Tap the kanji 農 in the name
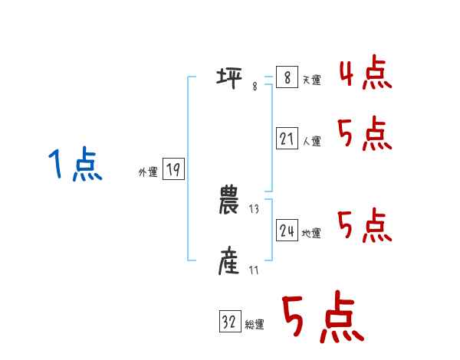pyautogui.click(x=229, y=201)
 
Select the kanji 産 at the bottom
pyautogui.click(x=229, y=263)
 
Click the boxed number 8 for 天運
pyautogui.click(x=287, y=77)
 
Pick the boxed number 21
pyautogui.click(x=287, y=139)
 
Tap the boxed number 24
pyautogui.click(x=287, y=231)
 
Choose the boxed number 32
pyautogui.click(x=229, y=322)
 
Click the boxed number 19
pyautogui.click(x=173, y=169)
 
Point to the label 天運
pyautogui.click(x=311, y=80)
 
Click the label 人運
pyautogui.click(x=311, y=141)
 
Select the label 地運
pyautogui.click(x=311, y=233)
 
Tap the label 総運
pyautogui.click(x=255, y=324)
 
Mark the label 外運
pyautogui.click(x=148, y=172)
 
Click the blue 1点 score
pyautogui.click(x=74, y=165)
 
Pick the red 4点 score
pyautogui.click(x=365, y=74)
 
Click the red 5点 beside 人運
pyautogui.click(x=365, y=136)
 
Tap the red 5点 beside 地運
pyautogui.click(x=365, y=226)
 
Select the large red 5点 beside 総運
pyautogui.click(x=322, y=319)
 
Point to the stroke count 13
pyautogui.click(x=255, y=209)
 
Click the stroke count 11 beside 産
pyautogui.click(x=254, y=270)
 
